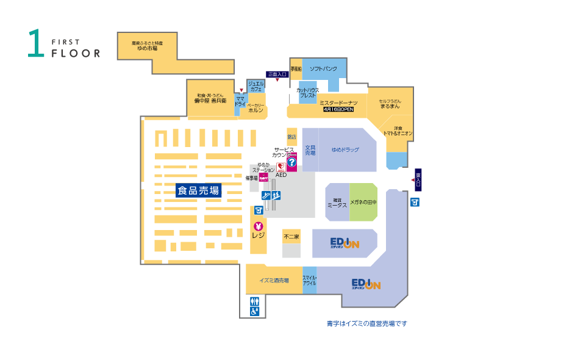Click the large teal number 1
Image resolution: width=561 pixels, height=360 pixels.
(x=36, y=44)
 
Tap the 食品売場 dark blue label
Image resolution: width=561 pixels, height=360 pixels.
(x=198, y=190)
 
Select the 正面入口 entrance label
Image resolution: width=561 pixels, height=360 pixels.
(x=277, y=74)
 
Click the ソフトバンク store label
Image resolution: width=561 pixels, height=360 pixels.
(x=323, y=69)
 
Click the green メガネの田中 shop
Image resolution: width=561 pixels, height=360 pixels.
(x=363, y=201)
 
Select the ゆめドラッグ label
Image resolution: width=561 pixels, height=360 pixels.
(x=345, y=149)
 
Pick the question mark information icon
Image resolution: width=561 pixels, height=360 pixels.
(x=291, y=164)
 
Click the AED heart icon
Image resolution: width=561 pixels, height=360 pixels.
(x=281, y=167)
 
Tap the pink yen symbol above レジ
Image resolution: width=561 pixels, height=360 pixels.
(x=259, y=226)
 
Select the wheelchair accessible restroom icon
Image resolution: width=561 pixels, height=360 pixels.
(x=254, y=311)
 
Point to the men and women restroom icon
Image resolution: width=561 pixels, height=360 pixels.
(x=254, y=301)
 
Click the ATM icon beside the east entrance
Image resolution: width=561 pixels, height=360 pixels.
(x=415, y=202)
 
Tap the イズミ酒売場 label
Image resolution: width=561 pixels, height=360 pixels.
(x=274, y=281)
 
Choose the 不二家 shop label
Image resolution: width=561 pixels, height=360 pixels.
(x=291, y=236)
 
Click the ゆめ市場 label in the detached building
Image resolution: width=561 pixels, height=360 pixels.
(x=147, y=48)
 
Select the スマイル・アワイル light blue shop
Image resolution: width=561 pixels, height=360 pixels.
(x=310, y=281)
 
